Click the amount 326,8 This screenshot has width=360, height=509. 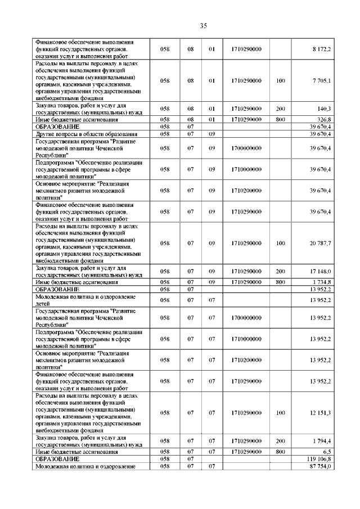pyautogui.click(x=322, y=120)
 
